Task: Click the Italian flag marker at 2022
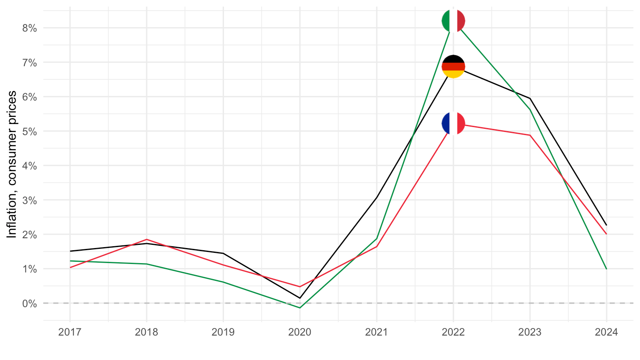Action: [453, 20]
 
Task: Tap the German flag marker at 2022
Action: [453, 67]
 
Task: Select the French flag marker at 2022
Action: [453, 123]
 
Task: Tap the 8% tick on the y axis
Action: [29, 28]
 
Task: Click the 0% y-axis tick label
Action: [29, 303]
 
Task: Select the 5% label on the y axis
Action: [29, 131]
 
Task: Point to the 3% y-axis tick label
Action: [29, 200]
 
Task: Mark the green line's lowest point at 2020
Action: [300, 308]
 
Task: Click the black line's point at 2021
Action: [376, 198]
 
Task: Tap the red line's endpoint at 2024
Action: [607, 234]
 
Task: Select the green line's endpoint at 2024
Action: [607, 269]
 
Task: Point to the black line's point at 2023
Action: [530, 98]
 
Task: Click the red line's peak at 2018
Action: [146, 239]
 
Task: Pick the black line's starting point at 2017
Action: [69, 251]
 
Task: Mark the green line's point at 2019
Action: [223, 282]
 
